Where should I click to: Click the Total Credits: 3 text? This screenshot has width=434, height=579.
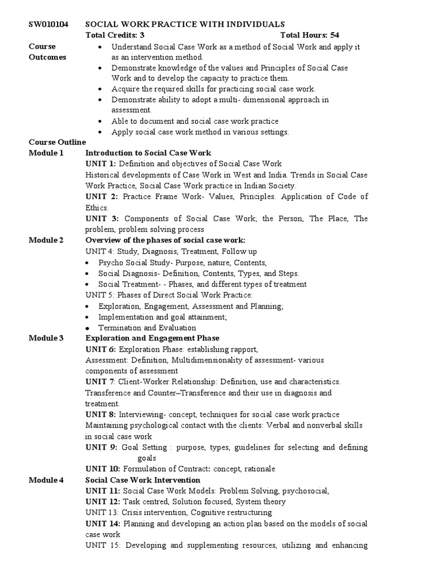[115, 35]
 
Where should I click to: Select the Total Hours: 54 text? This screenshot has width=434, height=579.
[310, 35]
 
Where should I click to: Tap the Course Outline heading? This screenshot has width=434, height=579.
[57, 142]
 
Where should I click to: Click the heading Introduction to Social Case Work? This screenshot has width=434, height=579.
[148, 153]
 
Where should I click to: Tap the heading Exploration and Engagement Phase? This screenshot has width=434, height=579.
[152, 339]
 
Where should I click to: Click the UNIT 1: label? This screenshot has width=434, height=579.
[101, 164]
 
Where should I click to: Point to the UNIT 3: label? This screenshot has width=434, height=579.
[102, 218]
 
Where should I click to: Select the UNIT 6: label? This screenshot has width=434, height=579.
[101, 350]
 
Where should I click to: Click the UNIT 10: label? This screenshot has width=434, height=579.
[103, 469]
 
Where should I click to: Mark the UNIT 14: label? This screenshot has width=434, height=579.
[103, 524]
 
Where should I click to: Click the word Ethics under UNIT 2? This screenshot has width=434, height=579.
[97, 208]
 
